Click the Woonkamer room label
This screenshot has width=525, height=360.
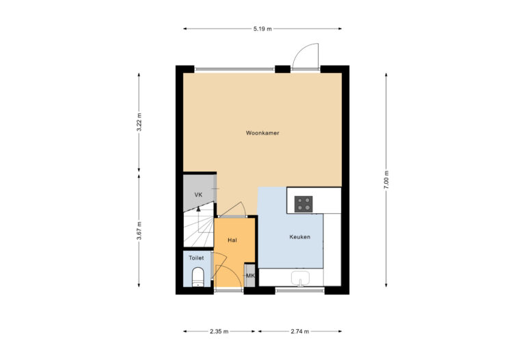(262, 133)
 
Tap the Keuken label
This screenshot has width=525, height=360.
(299, 237)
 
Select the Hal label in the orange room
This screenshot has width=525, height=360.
(232, 240)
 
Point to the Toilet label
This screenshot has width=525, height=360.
(196, 258)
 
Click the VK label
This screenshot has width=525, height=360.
(198, 195)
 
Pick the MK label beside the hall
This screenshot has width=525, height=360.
(250, 276)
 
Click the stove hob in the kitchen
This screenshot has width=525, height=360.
(304, 203)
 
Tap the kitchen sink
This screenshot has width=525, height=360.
(301, 278)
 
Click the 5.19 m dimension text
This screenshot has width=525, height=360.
(262, 29)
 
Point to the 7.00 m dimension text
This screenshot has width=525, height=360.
(386, 180)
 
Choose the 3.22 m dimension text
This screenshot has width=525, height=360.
(139, 122)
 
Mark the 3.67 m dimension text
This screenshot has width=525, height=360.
(139, 231)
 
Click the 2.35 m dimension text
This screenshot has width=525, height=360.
(219, 331)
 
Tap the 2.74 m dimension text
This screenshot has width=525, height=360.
(299, 331)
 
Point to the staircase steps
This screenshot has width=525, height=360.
(198, 229)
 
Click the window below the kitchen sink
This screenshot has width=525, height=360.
(300, 290)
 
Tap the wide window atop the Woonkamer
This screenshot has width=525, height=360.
(235, 69)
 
